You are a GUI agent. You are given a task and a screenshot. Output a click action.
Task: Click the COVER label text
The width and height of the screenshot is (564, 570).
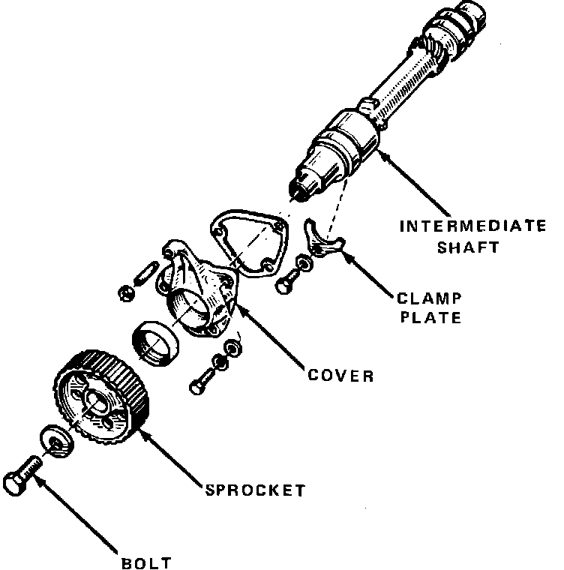[340, 375]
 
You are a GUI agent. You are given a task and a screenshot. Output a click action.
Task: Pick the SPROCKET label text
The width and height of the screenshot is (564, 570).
[256, 490]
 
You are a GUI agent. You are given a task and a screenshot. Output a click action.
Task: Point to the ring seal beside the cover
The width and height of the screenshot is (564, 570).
[156, 342]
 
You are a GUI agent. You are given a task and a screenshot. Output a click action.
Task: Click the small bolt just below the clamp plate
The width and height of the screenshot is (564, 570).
[289, 280]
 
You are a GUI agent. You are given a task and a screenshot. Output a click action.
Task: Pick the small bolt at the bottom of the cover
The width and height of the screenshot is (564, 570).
[200, 384]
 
